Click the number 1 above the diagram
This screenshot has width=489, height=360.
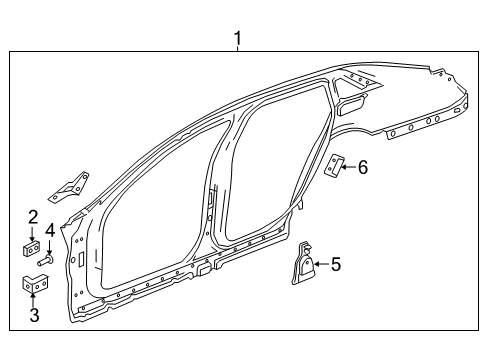238,40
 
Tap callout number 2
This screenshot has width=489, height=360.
33,216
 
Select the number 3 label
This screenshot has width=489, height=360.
34,317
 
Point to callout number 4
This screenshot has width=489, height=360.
49,232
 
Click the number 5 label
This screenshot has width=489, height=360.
336,264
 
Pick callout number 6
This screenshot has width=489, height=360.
363,167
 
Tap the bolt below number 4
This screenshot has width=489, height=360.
46,262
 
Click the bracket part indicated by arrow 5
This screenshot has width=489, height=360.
303,267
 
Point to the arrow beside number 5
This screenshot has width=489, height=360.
321,265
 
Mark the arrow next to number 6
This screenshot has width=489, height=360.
349,167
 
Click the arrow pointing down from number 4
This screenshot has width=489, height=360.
49,246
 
